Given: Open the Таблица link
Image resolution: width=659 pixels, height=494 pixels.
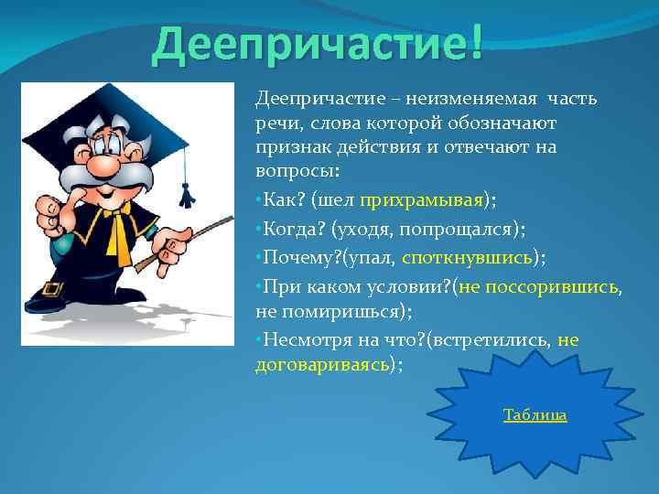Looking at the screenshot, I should [535, 415].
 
